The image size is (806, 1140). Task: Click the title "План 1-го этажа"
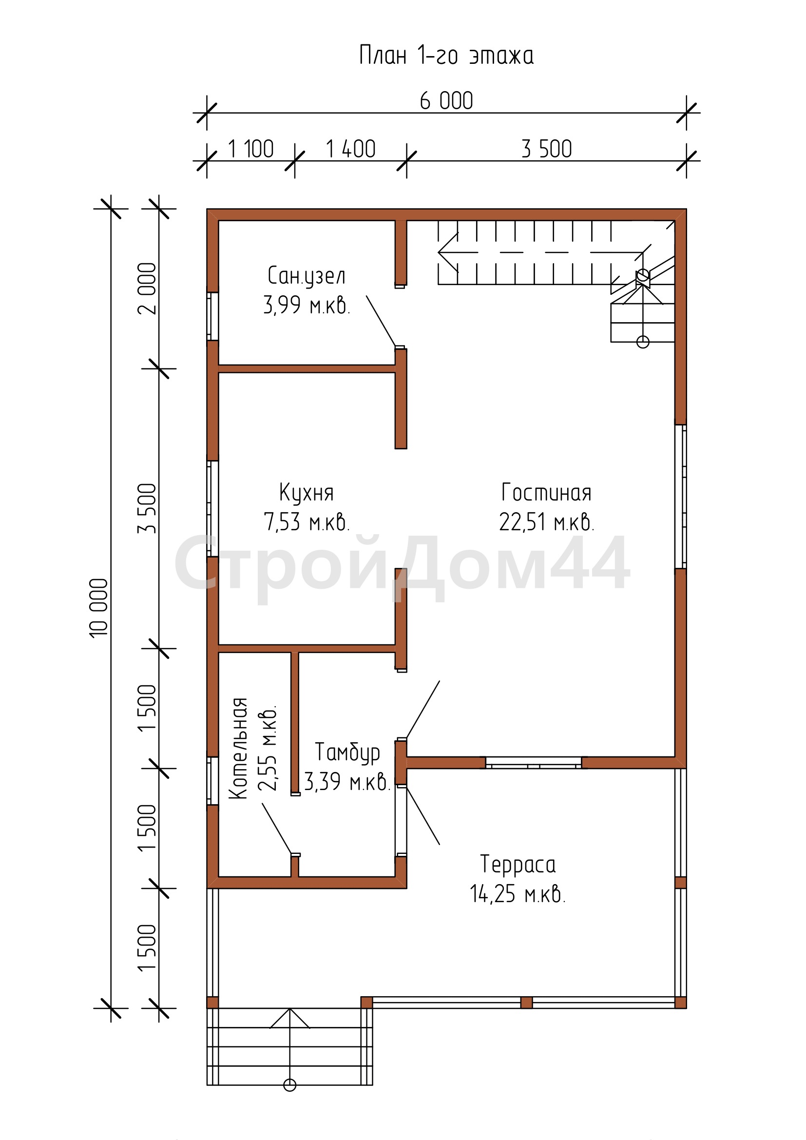(446, 55)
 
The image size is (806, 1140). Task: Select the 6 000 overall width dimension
(446, 101)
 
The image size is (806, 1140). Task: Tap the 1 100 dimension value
(250, 149)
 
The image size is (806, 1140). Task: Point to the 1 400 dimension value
(350, 149)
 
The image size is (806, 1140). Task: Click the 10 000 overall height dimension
(99, 608)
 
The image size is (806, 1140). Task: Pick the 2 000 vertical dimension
(147, 289)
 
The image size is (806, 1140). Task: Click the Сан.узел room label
(306, 276)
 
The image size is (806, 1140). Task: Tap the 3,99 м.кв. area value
(307, 305)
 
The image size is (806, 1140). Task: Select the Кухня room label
(306, 493)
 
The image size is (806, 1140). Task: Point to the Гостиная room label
(546, 493)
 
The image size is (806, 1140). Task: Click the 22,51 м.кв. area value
(546, 522)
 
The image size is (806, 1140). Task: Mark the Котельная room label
(238, 748)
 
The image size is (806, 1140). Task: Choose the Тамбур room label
(347, 753)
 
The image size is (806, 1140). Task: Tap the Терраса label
(518, 865)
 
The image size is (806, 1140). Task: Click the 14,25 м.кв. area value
(518, 894)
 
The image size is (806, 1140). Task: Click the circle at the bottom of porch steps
(290, 1085)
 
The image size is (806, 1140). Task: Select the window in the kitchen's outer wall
(212, 508)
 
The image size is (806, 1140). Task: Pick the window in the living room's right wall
(680, 497)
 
